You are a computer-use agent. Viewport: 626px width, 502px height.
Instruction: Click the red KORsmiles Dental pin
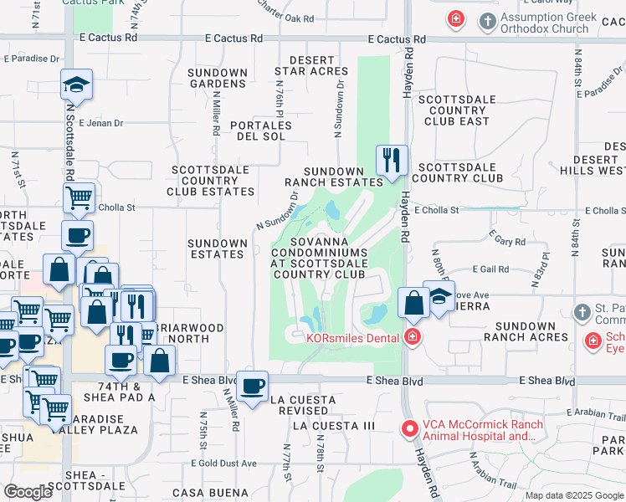(x=412, y=338)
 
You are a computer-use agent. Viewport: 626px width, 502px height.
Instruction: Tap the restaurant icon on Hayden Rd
(x=391, y=159)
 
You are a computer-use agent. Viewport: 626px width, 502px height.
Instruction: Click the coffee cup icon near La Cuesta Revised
(x=253, y=387)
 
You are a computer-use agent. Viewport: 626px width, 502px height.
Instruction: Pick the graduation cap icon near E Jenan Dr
(x=76, y=85)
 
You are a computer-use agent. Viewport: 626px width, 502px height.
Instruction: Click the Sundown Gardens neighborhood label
(x=218, y=78)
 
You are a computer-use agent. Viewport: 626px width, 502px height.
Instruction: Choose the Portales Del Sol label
(x=265, y=131)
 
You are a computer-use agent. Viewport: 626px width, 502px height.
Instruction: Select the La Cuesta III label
(x=334, y=426)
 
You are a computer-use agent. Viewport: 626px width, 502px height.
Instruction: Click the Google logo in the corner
(x=27, y=492)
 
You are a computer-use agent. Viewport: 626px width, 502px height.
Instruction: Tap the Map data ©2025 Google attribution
(x=573, y=495)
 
